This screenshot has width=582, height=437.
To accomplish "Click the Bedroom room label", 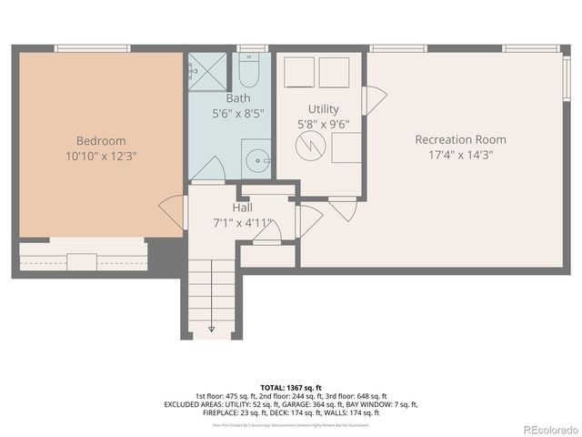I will [x=100, y=140].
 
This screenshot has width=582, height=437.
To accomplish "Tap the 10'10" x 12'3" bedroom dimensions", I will [x=100, y=156].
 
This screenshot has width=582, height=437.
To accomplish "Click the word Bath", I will [x=238, y=98].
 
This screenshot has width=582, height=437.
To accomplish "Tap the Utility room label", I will [x=323, y=108].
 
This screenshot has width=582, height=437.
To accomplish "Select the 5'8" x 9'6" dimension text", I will [x=323, y=124].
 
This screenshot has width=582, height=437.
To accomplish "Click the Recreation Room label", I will [x=460, y=139].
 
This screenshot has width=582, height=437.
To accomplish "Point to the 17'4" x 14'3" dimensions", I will [x=460, y=155].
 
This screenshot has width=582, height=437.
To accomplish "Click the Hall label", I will [x=242, y=208].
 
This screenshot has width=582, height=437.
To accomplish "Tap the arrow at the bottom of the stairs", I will [x=211, y=328].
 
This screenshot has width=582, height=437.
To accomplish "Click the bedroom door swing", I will [x=171, y=213].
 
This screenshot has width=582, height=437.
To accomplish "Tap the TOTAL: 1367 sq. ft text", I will [x=291, y=387].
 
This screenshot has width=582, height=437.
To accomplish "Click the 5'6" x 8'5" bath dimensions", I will [x=238, y=114].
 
